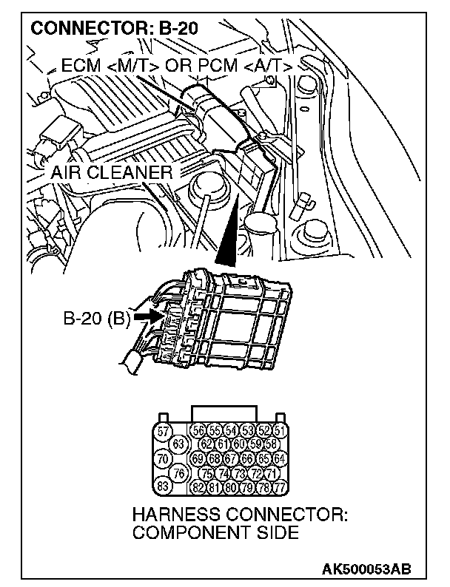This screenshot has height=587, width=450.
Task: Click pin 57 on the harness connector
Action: [164, 431]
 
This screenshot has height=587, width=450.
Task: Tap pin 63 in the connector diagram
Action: [178, 444]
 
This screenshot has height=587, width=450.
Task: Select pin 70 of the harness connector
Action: [164, 458]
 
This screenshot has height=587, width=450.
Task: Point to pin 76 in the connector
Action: [178, 472]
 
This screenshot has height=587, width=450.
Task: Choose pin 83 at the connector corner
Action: [164, 486]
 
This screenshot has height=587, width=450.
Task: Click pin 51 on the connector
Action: [280, 430]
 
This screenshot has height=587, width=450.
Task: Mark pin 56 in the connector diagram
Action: [198, 430]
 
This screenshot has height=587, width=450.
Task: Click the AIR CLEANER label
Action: [112, 172]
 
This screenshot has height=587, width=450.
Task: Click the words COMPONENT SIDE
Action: [215, 533]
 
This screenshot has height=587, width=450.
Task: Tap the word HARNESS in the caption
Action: [175, 515]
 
